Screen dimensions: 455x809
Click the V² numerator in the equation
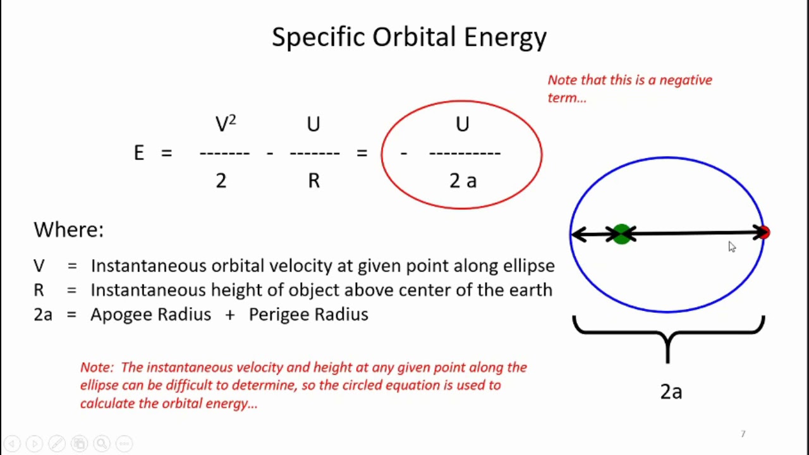coord(225,123)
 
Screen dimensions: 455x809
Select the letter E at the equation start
coord(139,153)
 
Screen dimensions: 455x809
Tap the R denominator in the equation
coord(313,181)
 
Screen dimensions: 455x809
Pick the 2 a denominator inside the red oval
coord(463,181)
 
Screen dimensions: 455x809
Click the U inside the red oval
coord(463,124)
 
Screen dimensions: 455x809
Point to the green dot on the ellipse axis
coord(622,234)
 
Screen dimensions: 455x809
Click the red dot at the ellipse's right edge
coord(765,233)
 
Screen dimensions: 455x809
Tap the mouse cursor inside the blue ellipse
coord(731,246)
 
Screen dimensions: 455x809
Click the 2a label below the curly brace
coord(671,392)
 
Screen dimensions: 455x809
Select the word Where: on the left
coord(68,229)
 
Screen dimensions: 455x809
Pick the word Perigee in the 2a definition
coord(279,315)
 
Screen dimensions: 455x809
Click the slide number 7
coord(743,434)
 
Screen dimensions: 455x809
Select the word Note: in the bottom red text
coord(97,367)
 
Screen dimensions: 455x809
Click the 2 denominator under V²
coord(221,181)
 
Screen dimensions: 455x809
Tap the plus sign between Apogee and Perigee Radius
coord(229,315)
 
